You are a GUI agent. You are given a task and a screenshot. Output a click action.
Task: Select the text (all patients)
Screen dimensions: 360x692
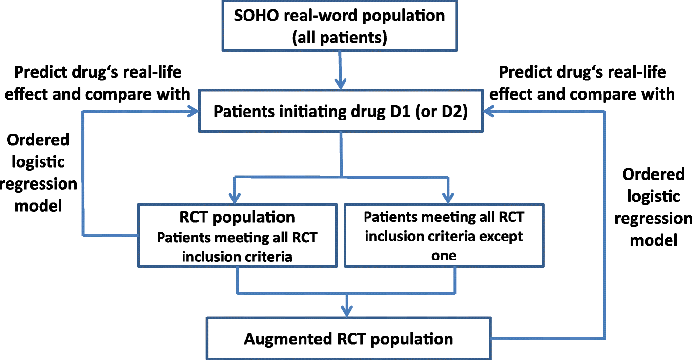(340, 38)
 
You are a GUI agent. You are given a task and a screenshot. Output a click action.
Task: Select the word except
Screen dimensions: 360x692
(503, 236)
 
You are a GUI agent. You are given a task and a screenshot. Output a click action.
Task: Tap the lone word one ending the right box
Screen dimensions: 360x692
(444, 255)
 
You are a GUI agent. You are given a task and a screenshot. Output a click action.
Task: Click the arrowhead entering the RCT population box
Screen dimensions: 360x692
(236, 198)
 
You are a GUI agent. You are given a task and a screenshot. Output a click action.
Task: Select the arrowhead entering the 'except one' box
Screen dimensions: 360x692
(448, 198)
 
